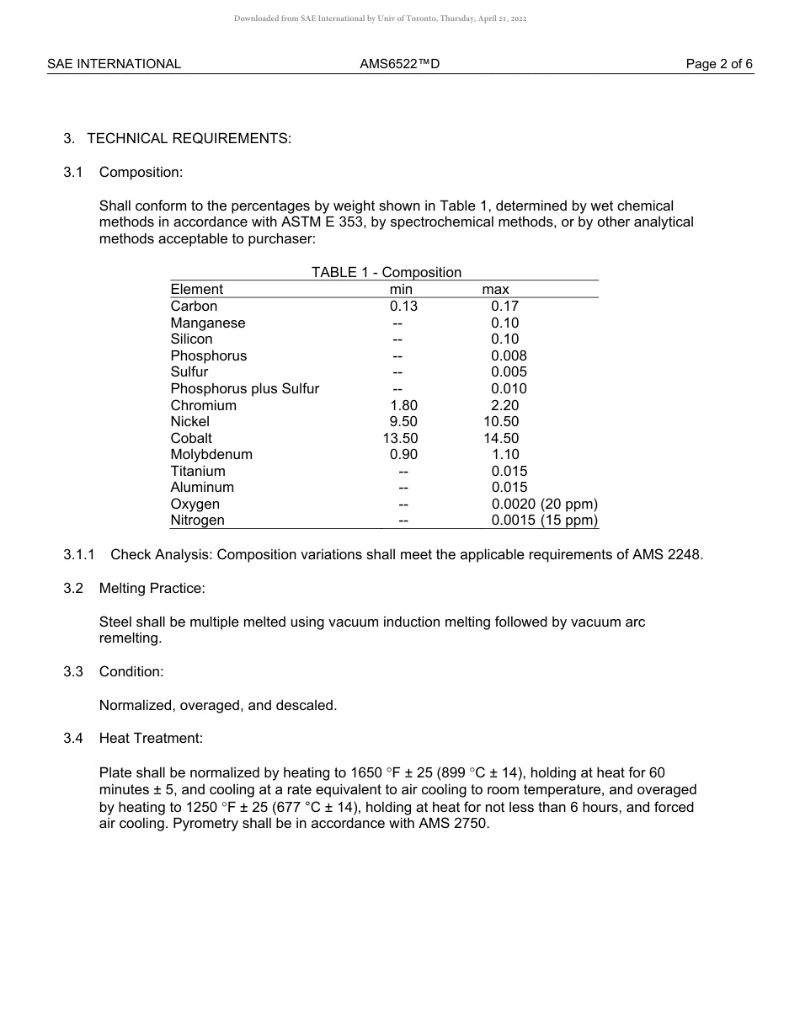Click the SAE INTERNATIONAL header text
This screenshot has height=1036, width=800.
(x=114, y=64)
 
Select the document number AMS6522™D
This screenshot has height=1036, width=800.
(x=399, y=64)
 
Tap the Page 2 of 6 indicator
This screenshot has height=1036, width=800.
(x=719, y=64)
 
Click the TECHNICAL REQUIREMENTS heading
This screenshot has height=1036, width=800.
(x=189, y=138)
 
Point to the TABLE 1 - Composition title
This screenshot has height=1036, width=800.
(x=387, y=272)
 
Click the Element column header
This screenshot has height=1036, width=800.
(x=196, y=290)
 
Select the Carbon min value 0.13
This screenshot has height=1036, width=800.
(x=403, y=307)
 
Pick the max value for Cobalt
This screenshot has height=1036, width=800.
(x=501, y=438)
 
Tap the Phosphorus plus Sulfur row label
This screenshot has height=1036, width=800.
(x=244, y=389)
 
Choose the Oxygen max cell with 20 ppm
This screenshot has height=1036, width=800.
(x=544, y=505)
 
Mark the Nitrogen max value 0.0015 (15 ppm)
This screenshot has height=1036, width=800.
(x=544, y=521)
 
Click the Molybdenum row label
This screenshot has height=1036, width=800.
(x=211, y=455)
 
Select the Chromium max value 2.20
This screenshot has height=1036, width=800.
(x=504, y=405)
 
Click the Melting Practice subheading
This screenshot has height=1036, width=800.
(x=152, y=588)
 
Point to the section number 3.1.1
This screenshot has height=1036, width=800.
(x=79, y=554)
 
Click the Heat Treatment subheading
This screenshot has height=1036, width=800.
(x=151, y=739)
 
